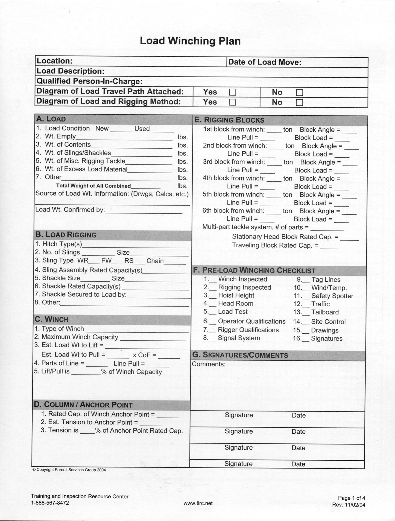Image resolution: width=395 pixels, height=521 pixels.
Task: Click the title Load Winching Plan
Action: (190, 41)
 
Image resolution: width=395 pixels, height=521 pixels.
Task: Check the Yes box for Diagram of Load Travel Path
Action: (232, 92)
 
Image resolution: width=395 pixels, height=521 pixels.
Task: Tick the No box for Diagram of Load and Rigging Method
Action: (300, 102)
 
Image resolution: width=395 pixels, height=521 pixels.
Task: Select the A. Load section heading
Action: (51, 119)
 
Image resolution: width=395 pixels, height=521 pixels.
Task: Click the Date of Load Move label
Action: (264, 62)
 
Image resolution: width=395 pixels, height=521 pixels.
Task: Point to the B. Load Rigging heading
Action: (66, 235)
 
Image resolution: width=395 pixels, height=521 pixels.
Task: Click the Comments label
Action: (209, 364)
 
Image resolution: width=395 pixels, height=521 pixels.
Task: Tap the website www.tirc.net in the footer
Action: (198, 503)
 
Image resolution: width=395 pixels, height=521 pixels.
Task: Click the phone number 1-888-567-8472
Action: (50, 503)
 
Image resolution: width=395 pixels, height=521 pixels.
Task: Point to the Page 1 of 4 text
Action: (351, 498)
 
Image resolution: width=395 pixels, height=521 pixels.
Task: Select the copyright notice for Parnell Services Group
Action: (69, 470)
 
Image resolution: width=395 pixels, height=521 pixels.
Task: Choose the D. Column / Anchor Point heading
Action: (83, 405)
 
